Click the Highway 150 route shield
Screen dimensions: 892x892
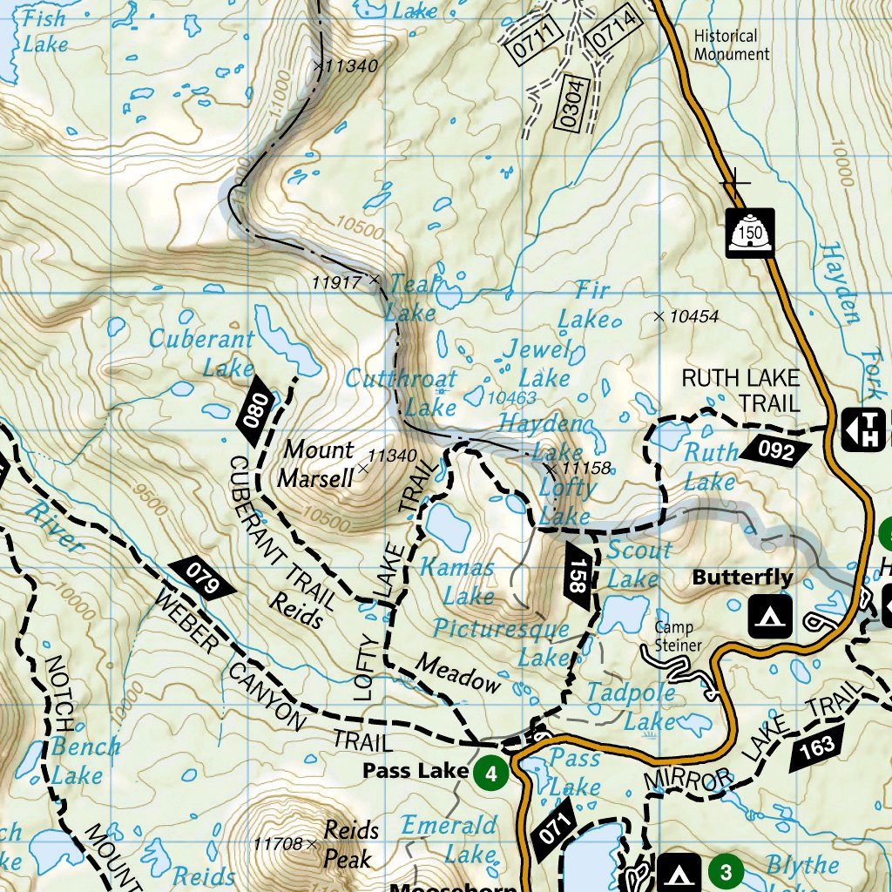(750, 233)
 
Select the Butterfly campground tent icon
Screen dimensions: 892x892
(770, 615)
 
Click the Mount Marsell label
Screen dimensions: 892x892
(319, 463)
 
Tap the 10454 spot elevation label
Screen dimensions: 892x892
(693, 316)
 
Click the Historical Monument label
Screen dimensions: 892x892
(731, 45)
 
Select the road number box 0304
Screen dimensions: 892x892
(571, 103)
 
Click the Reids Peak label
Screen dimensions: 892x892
(351, 844)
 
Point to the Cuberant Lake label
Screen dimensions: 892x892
(202, 352)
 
